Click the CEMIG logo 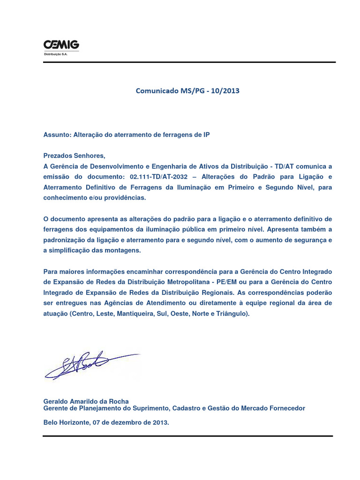61,45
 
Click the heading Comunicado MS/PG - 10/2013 187,91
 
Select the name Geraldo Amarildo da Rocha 86,402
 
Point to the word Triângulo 232,314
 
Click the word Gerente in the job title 55,408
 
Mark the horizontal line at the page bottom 187,436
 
